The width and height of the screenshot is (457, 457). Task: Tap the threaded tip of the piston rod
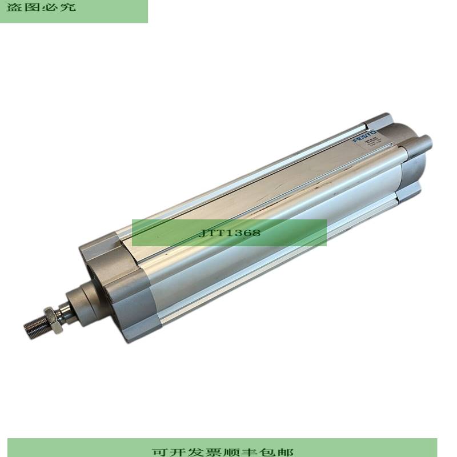[33, 326]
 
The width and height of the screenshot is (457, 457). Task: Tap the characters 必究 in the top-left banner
[61, 7]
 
